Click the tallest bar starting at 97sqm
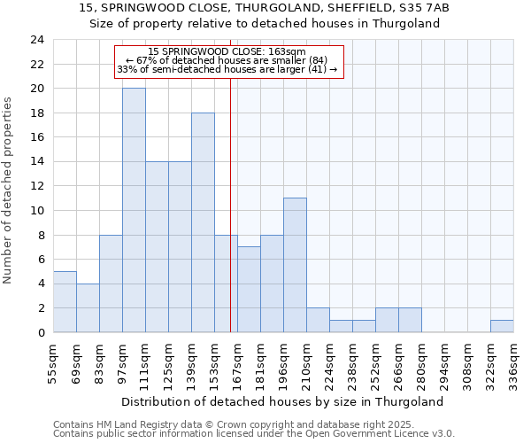pyautogui.click(x=134, y=210)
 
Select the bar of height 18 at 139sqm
pyautogui.click(x=203, y=222)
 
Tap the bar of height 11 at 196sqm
pyautogui.click(x=295, y=265)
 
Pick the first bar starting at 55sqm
pyautogui.click(x=65, y=301)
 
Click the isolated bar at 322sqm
pyautogui.click(x=502, y=326)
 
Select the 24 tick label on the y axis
pyautogui.click(x=36, y=40)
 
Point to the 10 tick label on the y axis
pyautogui.click(x=36, y=211)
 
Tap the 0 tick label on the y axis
pyautogui.click(x=40, y=332)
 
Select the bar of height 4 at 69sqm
pyautogui.click(x=88, y=307)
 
